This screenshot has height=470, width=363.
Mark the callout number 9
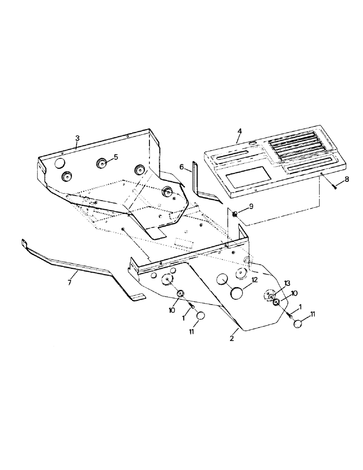[x=251, y=205]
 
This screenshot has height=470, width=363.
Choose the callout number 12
[x=254, y=279]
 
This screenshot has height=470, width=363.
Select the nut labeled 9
[x=235, y=215]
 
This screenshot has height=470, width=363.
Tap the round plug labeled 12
[x=237, y=293]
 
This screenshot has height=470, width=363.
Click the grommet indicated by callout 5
[x=101, y=163]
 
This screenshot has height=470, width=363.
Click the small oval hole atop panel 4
[x=253, y=143]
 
